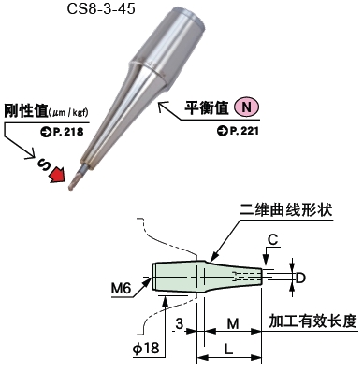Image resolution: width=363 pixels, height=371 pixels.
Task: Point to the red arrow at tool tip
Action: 58,174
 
